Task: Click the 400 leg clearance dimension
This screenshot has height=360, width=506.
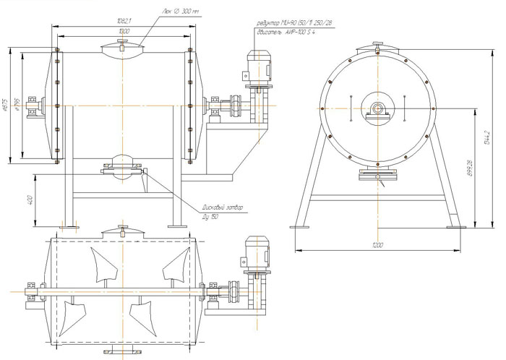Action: coord(31,200)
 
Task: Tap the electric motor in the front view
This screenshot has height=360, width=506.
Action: coord(258,68)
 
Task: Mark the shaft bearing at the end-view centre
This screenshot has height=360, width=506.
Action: coord(377,108)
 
